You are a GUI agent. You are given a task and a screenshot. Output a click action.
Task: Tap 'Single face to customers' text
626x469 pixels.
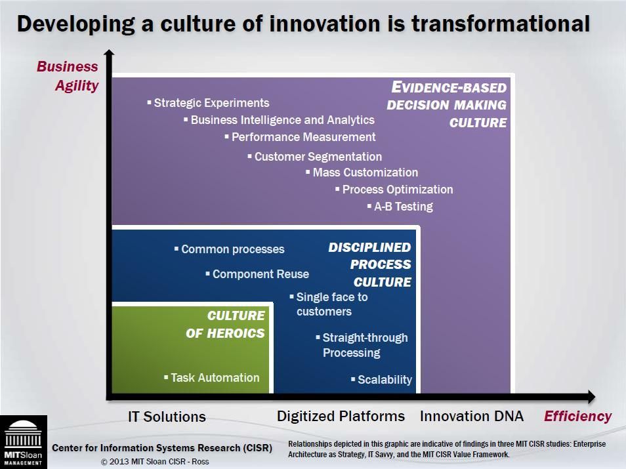[331, 304]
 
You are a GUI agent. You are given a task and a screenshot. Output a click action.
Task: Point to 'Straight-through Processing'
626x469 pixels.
[364, 345]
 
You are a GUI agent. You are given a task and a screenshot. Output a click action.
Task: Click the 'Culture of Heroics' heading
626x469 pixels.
[226, 324]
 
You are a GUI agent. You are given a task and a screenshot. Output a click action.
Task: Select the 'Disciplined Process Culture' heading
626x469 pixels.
[371, 264]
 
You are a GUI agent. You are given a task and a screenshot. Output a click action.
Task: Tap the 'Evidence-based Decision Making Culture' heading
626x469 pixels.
[448, 105]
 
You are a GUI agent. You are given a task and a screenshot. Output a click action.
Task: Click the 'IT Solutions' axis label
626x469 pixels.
[167, 417]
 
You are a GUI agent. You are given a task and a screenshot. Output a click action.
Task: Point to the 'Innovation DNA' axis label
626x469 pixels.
[471, 416]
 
